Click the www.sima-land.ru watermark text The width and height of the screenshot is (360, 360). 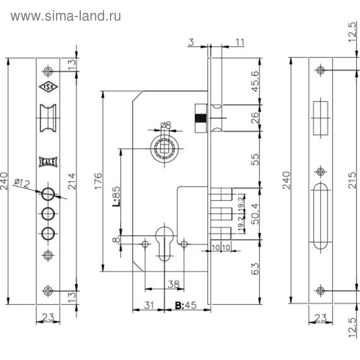(x=66, y=16)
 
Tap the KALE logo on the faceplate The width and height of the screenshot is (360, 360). (x=48, y=160)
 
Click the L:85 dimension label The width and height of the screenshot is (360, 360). (x=116, y=196)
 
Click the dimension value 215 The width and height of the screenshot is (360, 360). (x=352, y=180)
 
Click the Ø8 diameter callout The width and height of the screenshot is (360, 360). (x=165, y=124)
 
